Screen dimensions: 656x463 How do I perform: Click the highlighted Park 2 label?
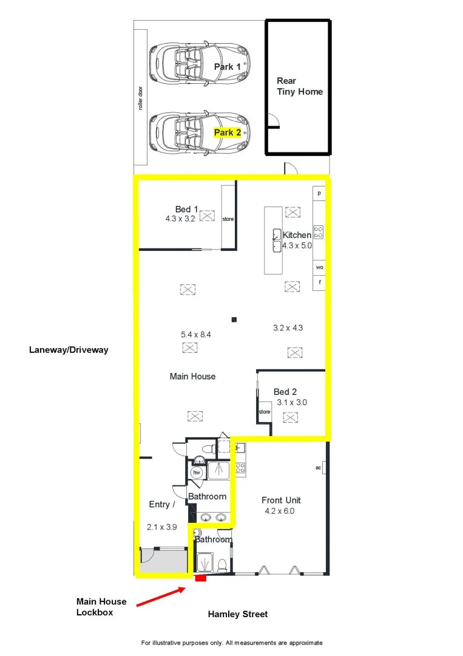click(228, 132)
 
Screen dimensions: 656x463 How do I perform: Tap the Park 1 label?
click(228, 67)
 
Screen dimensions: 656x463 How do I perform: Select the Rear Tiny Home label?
click(300, 86)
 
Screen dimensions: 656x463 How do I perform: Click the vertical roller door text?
click(140, 98)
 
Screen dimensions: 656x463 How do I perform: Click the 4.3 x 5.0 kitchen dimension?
click(297, 245)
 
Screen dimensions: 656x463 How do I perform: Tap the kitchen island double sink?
click(276, 240)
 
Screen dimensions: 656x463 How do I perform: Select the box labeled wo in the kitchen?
click(319, 267)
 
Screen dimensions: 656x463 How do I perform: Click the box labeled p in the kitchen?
click(319, 194)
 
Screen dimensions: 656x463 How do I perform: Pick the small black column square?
click(234, 319)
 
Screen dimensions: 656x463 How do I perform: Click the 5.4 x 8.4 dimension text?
click(195, 334)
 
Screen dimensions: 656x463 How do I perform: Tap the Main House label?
click(192, 377)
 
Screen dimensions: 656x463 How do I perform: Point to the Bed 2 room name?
click(285, 392)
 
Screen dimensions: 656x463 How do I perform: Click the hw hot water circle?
click(197, 472)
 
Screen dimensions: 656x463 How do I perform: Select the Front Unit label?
click(281, 501)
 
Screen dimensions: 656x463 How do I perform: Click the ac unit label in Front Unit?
click(318, 468)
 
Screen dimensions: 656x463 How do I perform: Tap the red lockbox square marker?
click(200, 578)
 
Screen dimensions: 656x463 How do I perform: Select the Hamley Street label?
click(238, 614)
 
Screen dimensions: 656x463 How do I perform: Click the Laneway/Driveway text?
click(69, 350)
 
